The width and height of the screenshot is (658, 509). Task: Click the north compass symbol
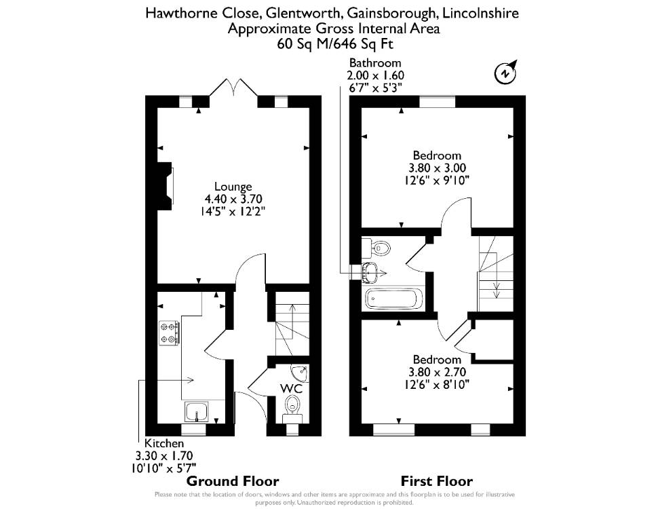tap(505, 72)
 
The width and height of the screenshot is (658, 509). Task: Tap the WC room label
tap(291, 388)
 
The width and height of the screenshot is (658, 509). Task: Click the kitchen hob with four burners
tap(170, 333)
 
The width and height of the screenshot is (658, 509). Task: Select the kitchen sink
tap(197, 411)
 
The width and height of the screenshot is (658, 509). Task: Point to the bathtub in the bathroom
tap(393, 299)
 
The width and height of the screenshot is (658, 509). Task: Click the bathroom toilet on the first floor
tap(377, 248)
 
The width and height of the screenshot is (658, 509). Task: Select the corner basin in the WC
tap(301, 372)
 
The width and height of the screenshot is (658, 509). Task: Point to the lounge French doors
tap(234, 88)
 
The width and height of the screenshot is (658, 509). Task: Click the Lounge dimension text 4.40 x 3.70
tap(233, 199)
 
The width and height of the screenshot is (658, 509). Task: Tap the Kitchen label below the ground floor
tap(164, 443)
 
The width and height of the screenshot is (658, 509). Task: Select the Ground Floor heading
tap(233, 481)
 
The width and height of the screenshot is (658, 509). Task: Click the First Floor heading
tap(437, 481)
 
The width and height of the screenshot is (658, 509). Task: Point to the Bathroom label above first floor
tap(375, 63)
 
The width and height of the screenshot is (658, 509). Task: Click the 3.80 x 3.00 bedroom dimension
tap(438, 168)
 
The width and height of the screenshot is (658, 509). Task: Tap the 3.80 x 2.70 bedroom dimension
tap(438, 372)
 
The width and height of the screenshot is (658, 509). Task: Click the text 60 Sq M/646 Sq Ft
tap(335, 43)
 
